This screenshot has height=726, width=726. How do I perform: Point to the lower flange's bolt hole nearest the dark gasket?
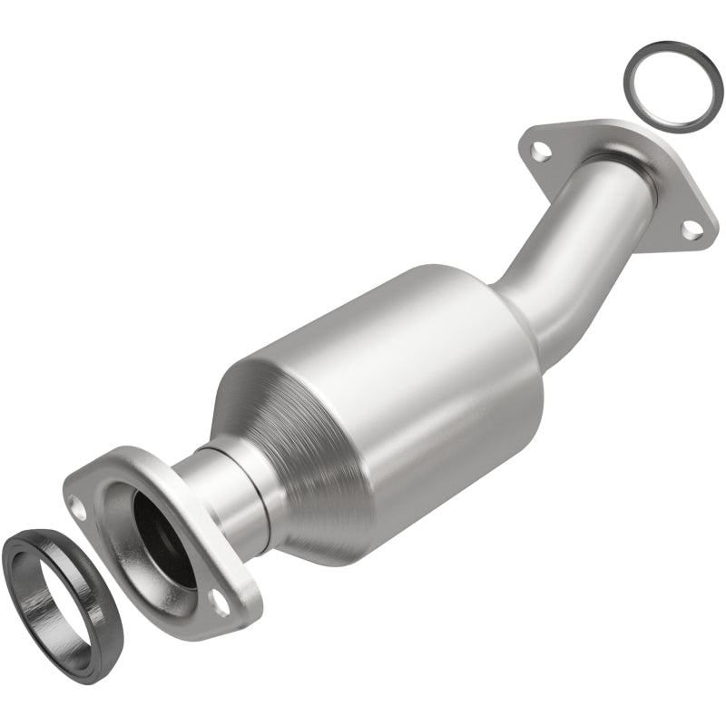point(81,509)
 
